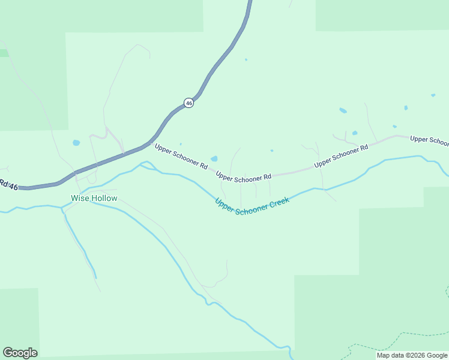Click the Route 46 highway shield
click(x=189, y=103)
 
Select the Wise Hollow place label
click(x=94, y=198)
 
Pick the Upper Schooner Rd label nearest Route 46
click(x=181, y=155)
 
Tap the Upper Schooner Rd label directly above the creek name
click(x=244, y=176)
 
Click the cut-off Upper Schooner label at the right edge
click(x=429, y=140)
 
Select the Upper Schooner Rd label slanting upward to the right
click(x=340, y=157)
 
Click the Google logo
click(x=20, y=352)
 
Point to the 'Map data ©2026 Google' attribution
click(x=412, y=355)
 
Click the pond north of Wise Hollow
click(x=76, y=143)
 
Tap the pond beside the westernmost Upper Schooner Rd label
click(x=214, y=159)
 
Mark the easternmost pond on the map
click(x=433, y=95)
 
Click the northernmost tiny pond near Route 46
click(x=246, y=59)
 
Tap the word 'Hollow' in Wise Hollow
click(x=103, y=198)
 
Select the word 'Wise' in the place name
click(x=80, y=198)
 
